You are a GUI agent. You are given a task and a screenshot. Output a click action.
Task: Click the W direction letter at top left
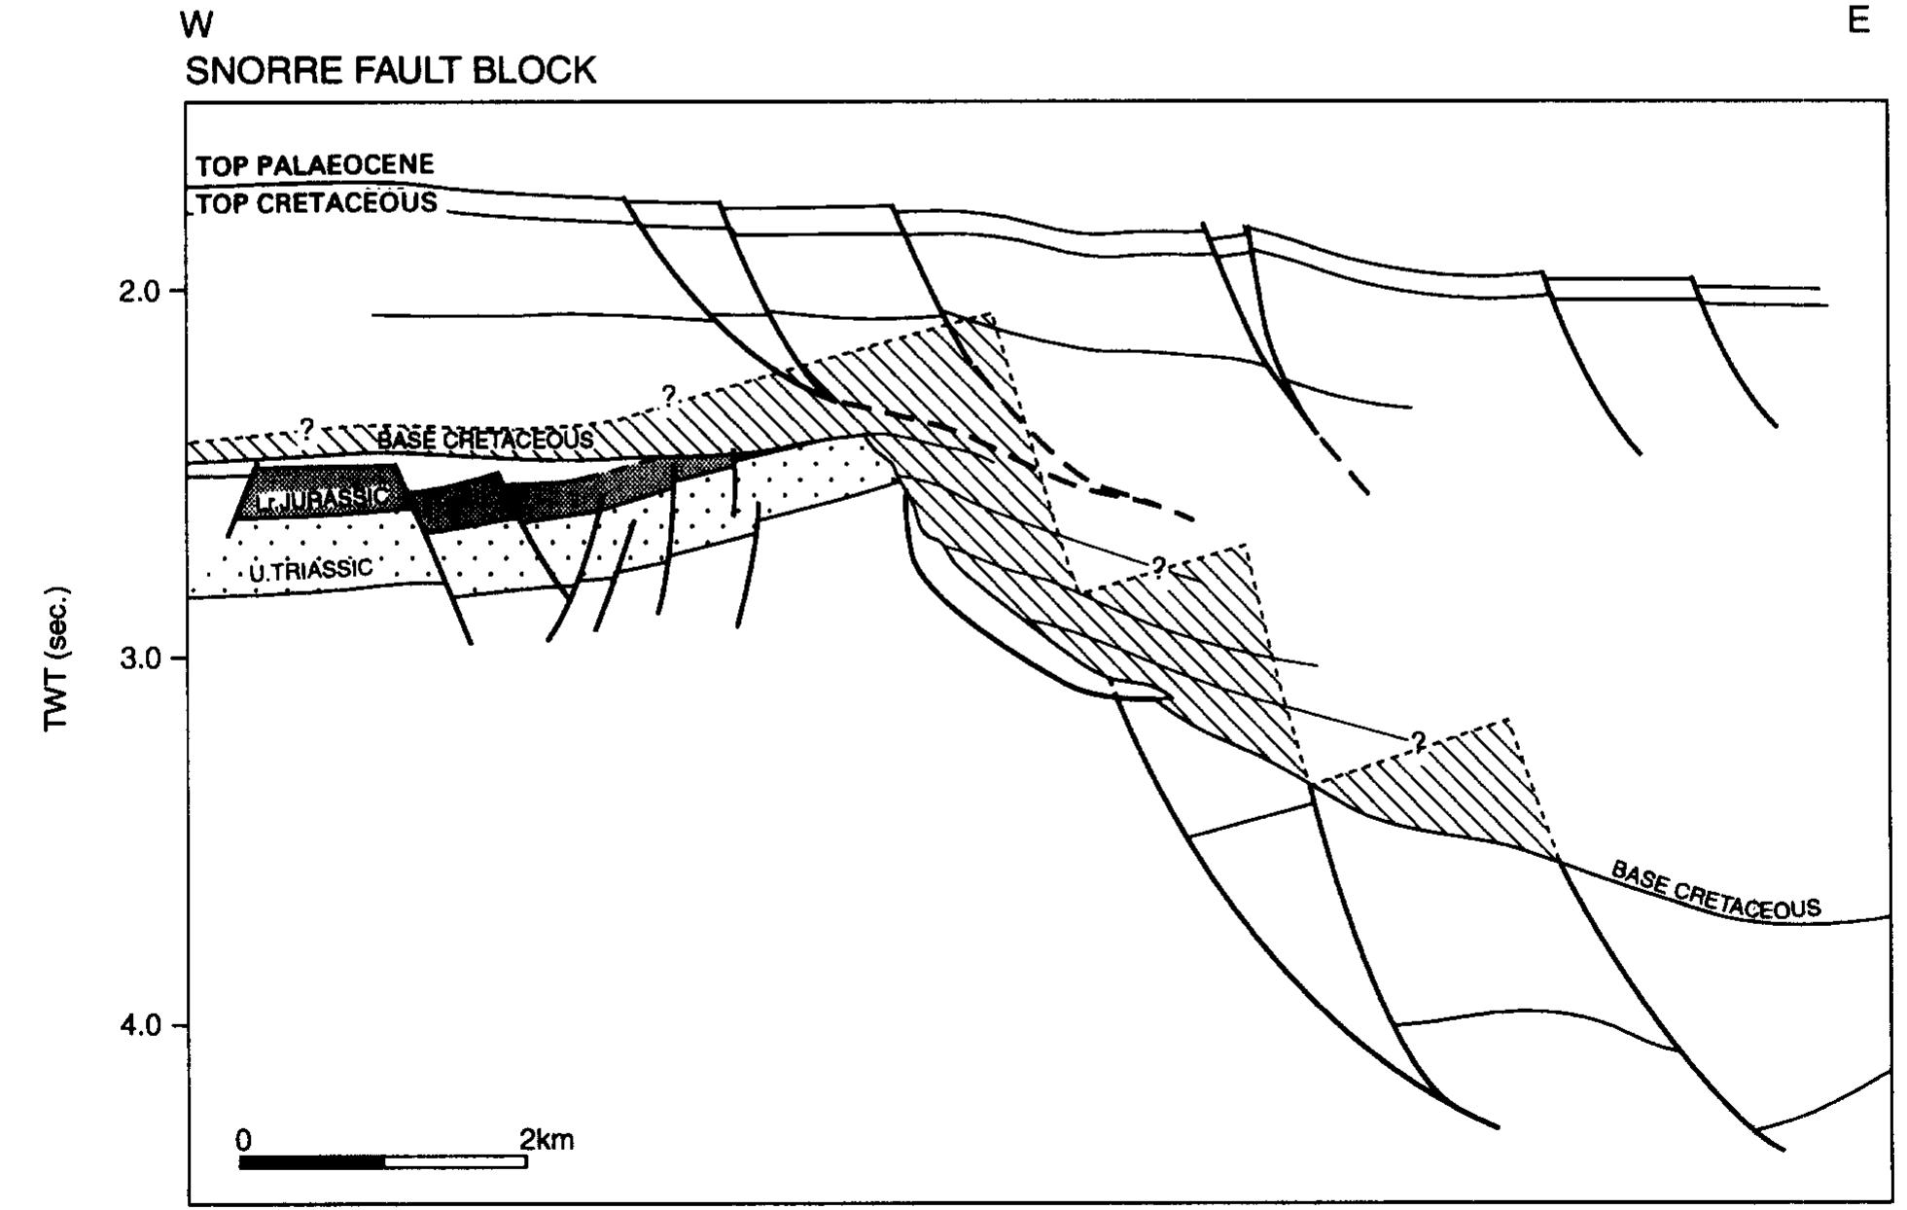(x=196, y=26)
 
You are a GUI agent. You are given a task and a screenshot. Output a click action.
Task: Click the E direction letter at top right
(x=1857, y=20)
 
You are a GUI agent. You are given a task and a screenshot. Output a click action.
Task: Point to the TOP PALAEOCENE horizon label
(x=315, y=164)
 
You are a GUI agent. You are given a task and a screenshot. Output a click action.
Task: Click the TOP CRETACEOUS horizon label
(x=317, y=202)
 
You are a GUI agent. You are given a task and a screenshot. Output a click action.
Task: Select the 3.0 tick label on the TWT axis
(x=140, y=658)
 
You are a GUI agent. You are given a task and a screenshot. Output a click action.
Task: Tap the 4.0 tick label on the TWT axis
(x=140, y=1025)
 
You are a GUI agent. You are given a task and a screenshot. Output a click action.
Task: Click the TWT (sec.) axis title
(x=57, y=658)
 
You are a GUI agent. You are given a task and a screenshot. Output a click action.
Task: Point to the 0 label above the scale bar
(x=244, y=1140)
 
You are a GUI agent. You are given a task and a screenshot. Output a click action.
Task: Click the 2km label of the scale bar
(x=547, y=1139)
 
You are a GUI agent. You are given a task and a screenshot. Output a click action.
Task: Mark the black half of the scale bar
(x=312, y=1162)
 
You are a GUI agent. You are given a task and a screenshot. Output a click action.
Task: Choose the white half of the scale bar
(x=456, y=1162)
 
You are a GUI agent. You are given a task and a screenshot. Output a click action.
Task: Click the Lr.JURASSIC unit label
(x=323, y=499)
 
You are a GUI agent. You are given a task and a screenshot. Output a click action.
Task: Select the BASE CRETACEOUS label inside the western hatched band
(x=485, y=440)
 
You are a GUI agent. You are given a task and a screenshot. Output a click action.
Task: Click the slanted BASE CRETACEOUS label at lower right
(x=1715, y=889)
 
